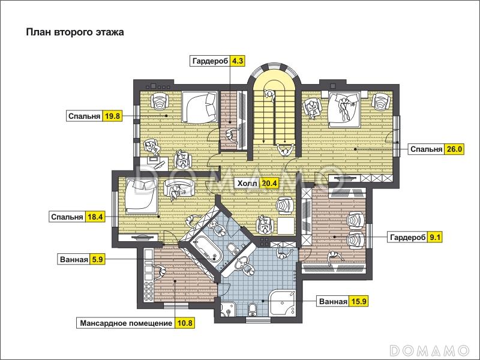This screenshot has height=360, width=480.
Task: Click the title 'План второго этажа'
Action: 74,32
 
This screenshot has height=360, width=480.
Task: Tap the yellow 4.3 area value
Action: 237,61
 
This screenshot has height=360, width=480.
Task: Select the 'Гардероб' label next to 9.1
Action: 407,237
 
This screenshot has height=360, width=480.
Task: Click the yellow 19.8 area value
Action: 112,116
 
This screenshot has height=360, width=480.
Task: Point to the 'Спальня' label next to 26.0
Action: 426,149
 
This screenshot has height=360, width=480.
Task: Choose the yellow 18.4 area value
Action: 95,217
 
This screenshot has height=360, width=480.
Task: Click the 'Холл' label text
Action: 247,184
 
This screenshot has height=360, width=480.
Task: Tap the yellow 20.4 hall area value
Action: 269,184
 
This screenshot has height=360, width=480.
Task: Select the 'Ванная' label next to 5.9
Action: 74,260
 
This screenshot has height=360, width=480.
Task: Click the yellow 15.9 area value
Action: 358,302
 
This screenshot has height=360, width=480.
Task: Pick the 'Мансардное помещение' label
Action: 126,323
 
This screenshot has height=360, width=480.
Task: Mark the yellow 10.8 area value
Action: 185,323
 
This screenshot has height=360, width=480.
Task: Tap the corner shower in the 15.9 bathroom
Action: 282,303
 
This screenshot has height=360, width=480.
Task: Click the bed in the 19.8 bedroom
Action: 199,107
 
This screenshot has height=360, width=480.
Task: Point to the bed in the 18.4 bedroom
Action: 141,196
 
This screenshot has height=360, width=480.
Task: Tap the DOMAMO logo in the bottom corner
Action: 430,350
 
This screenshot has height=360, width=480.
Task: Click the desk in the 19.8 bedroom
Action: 154,163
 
